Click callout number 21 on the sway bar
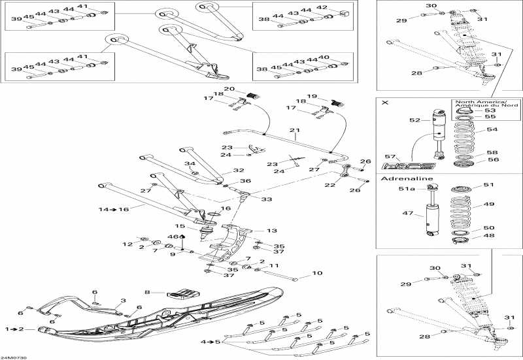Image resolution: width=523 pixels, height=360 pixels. (x=295, y=129)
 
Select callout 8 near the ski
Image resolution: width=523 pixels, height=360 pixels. (x=148, y=292)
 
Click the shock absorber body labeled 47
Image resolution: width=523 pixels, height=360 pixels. (x=431, y=216)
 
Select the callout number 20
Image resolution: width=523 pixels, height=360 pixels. (x=229, y=89)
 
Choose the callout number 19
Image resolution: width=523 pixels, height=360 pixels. (x=312, y=96)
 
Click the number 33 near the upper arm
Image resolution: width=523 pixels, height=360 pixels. (x=266, y=199)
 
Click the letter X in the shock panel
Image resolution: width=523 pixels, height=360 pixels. (x=384, y=103)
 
